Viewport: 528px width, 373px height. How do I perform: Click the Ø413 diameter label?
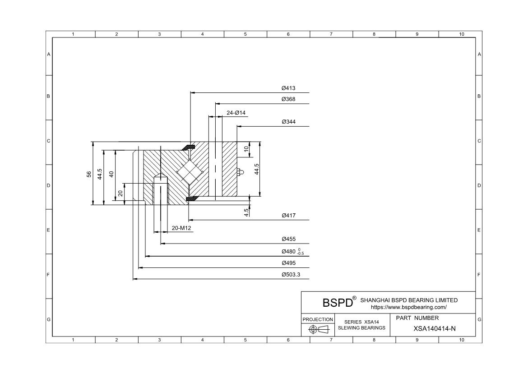(x=288, y=88)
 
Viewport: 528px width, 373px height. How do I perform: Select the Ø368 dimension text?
(x=288, y=99)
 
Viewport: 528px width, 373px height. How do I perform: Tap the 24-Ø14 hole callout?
(x=236, y=113)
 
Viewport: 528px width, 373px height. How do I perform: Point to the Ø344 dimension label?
(x=288, y=122)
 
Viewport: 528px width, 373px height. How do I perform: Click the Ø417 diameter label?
(x=288, y=216)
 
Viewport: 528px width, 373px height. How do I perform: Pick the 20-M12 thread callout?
(x=182, y=228)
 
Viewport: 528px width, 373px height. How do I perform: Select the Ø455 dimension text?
(x=288, y=239)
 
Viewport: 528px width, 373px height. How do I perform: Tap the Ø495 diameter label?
(x=288, y=263)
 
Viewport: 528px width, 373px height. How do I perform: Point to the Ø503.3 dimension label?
(x=291, y=274)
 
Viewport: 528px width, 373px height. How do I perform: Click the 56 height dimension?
(x=89, y=174)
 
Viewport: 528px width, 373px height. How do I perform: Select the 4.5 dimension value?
(x=246, y=212)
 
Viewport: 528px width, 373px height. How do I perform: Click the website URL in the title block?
(x=408, y=307)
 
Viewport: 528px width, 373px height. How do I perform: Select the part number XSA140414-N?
(x=434, y=328)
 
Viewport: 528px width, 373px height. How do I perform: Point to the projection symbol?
(x=317, y=330)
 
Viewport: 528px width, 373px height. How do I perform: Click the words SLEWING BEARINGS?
(x=361, y=328)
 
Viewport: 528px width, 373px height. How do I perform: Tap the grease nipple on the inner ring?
(x=240, y=172)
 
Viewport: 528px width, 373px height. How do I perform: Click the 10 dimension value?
(x=246, y=149)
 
